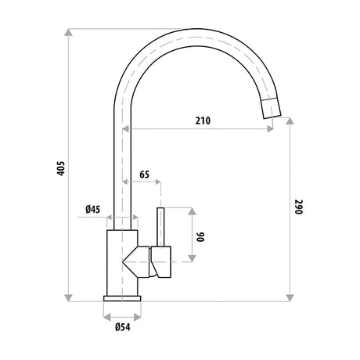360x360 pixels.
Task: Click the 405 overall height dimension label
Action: [x=60, y=168]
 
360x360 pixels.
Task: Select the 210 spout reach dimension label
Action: [x=203, y=121]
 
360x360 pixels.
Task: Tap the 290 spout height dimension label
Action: [x=299, y=207]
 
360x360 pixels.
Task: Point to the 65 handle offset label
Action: [x=144, y=175]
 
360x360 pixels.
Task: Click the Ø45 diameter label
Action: [x=93, y=209]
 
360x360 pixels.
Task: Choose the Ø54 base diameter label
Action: [x=123, y=327]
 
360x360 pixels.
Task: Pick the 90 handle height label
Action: [x=201, y=237]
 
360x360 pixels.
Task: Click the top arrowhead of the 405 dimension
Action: [x=68, y=32]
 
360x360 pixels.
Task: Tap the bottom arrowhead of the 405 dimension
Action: [x=68, y=298]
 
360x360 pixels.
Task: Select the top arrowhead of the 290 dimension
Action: [x=290, y=121]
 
